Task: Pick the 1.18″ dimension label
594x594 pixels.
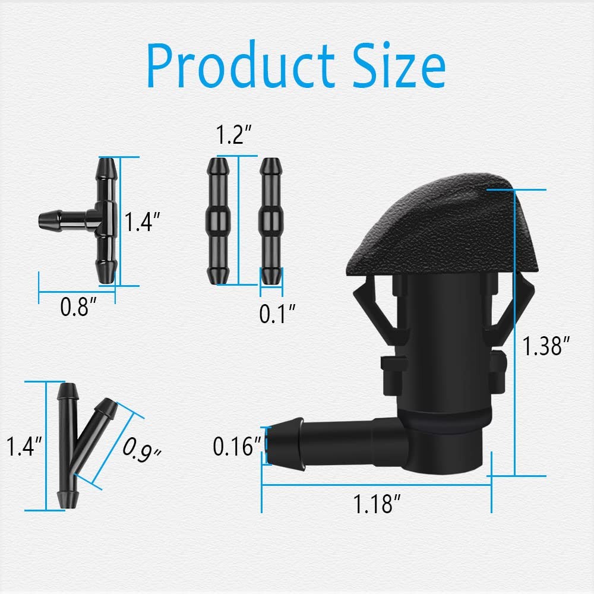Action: tap(377, 505)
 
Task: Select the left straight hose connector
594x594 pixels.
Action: tap(217, 220)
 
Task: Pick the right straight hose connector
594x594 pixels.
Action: tap(271, 220)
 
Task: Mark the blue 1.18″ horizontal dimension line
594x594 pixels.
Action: tap(376, 485)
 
